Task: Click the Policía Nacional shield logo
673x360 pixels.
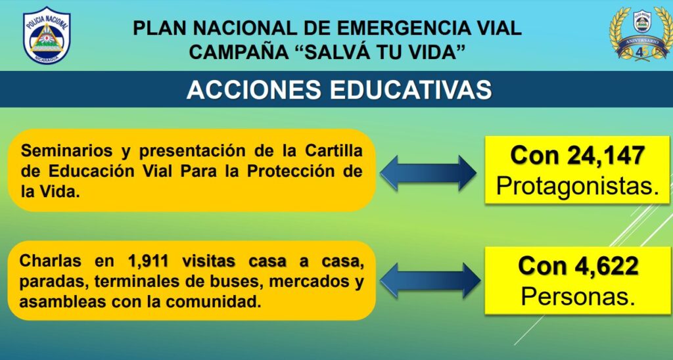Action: coord(47,35)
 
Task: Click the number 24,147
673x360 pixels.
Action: coord(605,155)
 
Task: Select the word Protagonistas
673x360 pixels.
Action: coord(577,187)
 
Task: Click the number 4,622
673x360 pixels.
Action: coord(606,266)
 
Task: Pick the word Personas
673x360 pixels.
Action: coord(578,296)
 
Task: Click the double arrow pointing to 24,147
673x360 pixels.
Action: coord(428,173)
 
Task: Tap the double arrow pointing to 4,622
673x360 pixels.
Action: coord(430,281)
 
